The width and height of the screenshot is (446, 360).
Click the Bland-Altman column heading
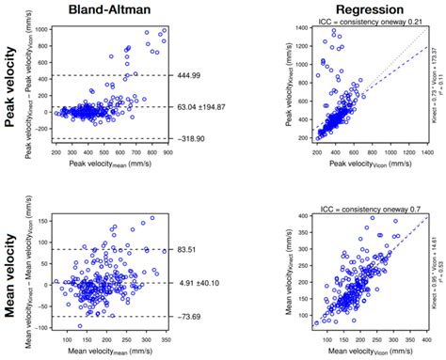(118, 8)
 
